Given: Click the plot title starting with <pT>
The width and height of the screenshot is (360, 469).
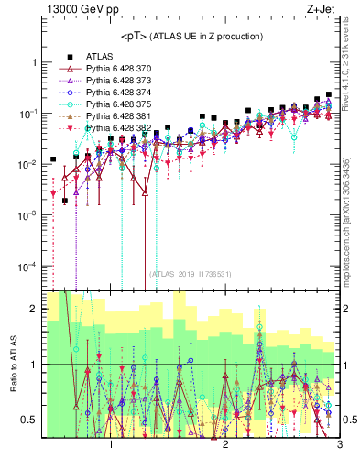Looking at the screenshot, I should click(x=190, y=37).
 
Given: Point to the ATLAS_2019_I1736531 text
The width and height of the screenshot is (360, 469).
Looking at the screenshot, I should click(x=191, y=273).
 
